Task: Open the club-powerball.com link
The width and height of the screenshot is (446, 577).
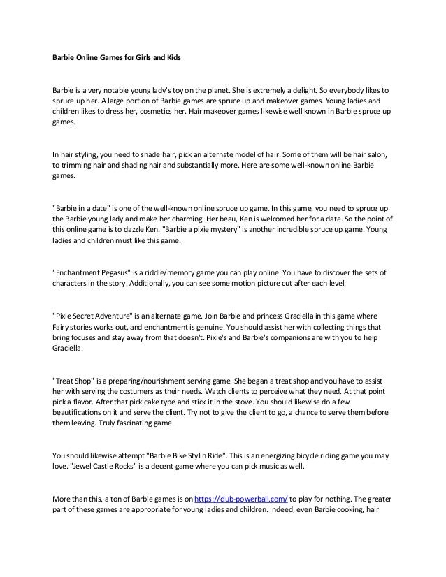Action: (x=240, y=499)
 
